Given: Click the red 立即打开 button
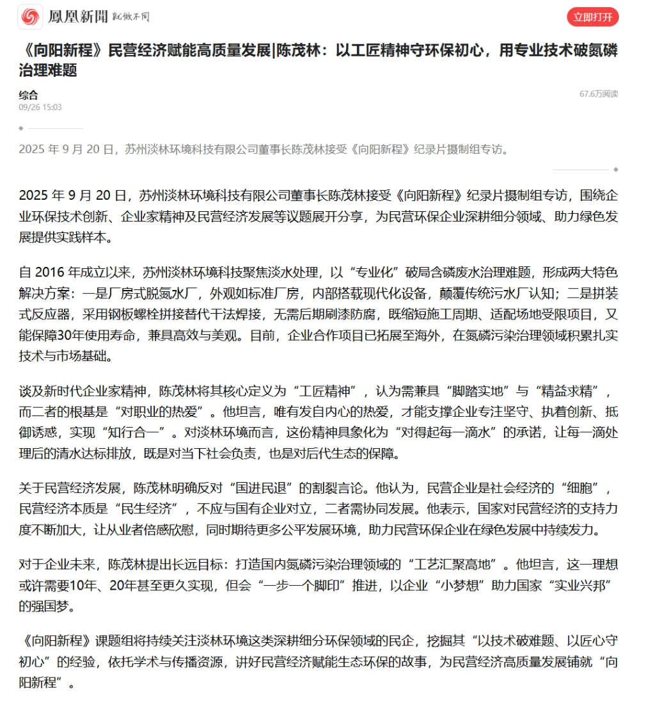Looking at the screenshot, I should pos(592,17).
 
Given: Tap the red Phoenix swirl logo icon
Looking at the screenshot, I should pos(29,17).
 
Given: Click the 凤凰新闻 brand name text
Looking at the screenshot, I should pos(78,17).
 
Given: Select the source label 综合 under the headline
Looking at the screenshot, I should pos(28,95).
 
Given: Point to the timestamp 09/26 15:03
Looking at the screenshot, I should pos(40,108).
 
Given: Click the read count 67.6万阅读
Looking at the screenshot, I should pos(599,94).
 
